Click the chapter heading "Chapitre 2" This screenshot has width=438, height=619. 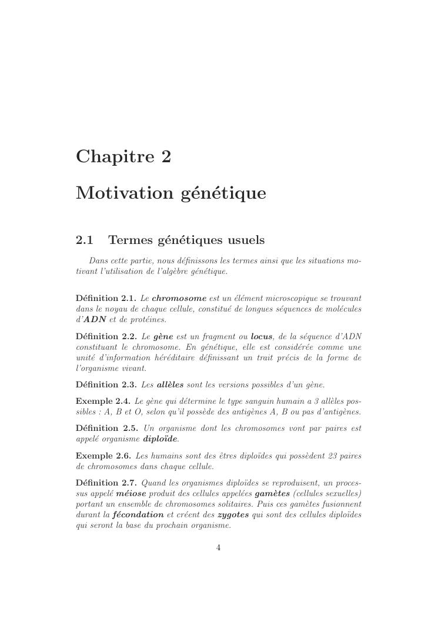tap(123, 157)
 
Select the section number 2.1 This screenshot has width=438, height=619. tap(85, 240)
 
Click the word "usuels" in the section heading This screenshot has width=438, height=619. tap(243, 240)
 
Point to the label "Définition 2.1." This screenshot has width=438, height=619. tap(106, 298)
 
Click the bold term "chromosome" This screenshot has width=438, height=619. tap(179, 298)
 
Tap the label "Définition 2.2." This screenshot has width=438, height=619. tap(106, 336)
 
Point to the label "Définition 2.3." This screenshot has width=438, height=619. tap(106, 384)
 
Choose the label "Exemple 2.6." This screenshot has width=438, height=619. tap(103, 456)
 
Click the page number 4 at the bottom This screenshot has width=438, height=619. tap(218, 548)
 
